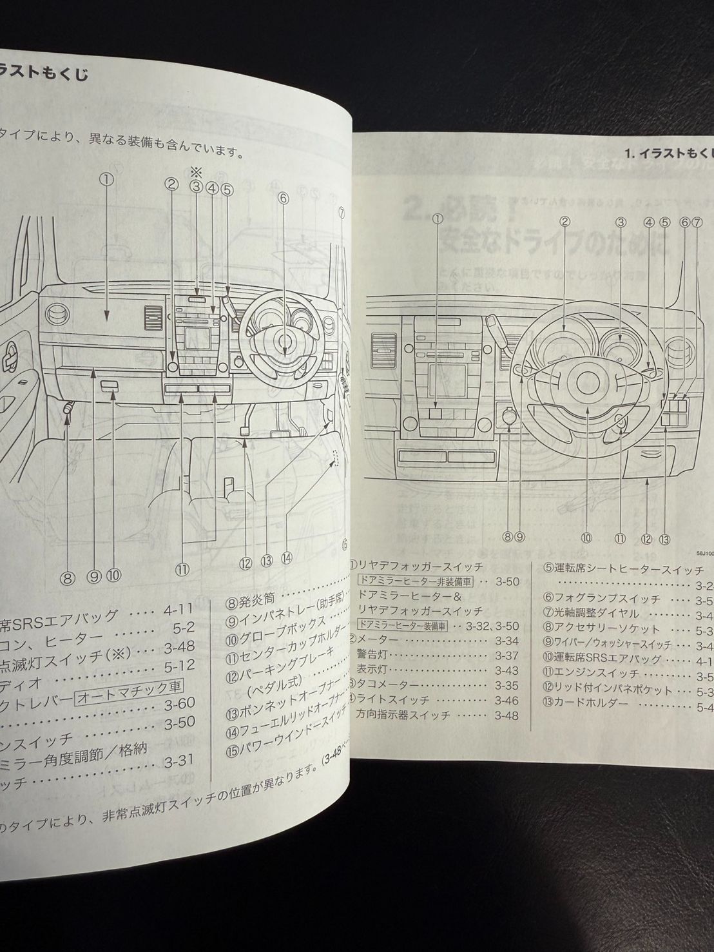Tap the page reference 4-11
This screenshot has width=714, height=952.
pyautogui.click(x=177, y=607)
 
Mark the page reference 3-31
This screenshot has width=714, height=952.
pyautogui.click(x=179, y=761)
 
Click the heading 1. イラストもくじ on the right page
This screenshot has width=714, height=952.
pyautogui.click(x=669, y=153)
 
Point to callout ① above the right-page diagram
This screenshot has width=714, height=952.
pyautogui.click(x=438, y=219)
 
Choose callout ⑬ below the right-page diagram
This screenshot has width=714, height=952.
pyautogui.click(x=665, y=539)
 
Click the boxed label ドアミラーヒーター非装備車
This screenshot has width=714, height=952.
pyautogui.click(x=415, y=581)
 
